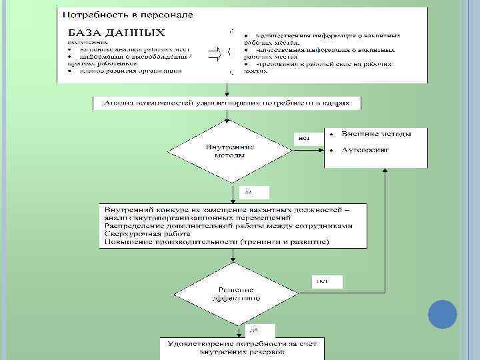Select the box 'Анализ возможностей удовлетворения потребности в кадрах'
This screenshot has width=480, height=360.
(227, 103)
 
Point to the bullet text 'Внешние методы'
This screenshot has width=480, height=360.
(376, 133)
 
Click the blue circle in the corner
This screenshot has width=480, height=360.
(441, 314)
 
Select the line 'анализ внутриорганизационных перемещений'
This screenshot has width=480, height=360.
(197, 218)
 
